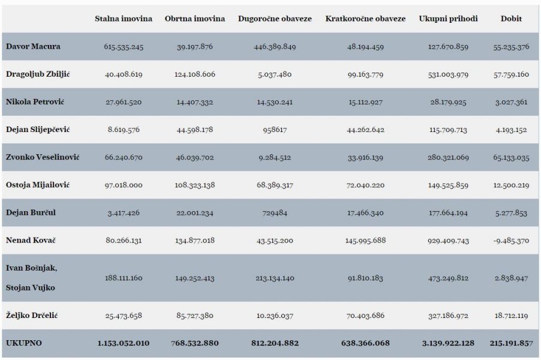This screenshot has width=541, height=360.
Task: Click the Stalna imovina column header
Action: tap(124, 19)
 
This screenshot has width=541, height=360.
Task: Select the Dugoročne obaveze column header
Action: tap(275, 19)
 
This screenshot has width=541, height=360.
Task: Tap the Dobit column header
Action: tap(511, 19)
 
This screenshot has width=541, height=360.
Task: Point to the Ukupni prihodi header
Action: tap(448, 19)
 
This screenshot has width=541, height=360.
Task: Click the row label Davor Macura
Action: tap(33, 46)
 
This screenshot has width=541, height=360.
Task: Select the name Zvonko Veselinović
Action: tap(43, 157)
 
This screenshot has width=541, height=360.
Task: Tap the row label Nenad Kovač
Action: tap(31, 240)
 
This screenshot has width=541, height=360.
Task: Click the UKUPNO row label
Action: tap(24, 343)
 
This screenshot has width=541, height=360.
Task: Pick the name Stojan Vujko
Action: tap(31, 287)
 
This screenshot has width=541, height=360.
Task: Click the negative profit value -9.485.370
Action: tap(511, 240)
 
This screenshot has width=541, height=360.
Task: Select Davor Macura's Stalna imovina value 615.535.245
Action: tap(124, 47)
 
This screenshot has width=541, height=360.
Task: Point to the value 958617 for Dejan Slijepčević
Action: tap(275, 130)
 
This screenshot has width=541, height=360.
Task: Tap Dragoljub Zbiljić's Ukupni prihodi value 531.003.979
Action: tap(448, 74)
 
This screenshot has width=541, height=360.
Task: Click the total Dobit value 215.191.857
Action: tap(512, 343)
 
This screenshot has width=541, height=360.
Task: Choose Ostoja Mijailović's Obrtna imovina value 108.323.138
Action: tap(194, 185)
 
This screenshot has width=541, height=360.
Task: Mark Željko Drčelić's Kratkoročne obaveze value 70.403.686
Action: tap(365, 316)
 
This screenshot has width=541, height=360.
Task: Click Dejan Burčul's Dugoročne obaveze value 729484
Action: tap(275, 212)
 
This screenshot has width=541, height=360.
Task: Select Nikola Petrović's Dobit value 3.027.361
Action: tap(511, 102)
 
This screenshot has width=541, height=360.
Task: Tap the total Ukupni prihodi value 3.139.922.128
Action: tap(448, 343)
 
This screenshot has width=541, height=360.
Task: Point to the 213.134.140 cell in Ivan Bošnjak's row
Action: tap(275, 278)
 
